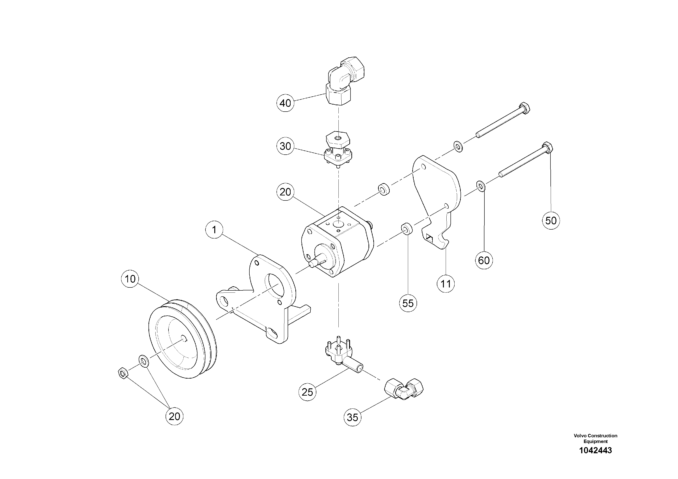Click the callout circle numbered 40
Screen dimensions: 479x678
tap(285, 103)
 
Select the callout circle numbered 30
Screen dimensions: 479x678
tap(285, 146)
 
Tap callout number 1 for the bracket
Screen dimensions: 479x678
tap(214, 230)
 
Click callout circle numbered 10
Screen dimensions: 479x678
tap(130, 279)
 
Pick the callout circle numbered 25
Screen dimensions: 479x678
tap(307, 392)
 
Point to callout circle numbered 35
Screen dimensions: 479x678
tap(353, 417)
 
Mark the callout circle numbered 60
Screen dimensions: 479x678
tap(484, 261)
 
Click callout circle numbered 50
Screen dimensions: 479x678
tap(551, 221)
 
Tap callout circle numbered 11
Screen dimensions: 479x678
tap(446, 284)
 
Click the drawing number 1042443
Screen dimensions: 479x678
tap(595, 450)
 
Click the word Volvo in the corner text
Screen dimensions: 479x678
tap(580, 435)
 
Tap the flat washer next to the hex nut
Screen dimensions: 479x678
tap(144, 361)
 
